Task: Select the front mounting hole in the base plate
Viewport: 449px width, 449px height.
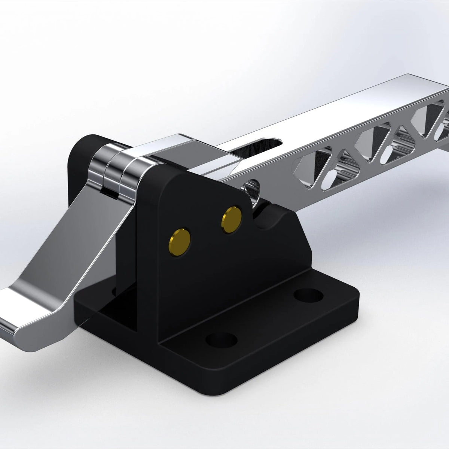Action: click(x=222, y=339)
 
